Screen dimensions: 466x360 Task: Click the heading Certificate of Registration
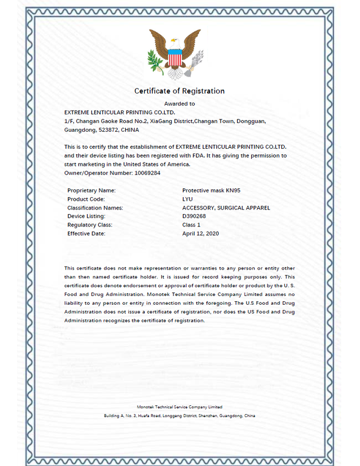179,91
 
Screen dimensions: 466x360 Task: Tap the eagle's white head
174,42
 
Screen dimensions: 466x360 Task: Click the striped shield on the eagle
175,58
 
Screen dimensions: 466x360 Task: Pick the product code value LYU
188,199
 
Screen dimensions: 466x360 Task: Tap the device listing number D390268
194,216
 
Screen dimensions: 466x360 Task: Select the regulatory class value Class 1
192,225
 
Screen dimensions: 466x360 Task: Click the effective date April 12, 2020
201,234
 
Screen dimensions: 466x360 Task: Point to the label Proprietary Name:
92,191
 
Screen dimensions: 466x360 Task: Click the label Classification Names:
95,208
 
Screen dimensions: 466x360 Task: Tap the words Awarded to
179,104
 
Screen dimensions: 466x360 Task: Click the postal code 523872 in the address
109,129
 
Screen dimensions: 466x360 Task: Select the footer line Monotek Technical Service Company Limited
179,407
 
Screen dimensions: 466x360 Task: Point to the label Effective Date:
86,234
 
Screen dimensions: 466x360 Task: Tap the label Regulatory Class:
90,225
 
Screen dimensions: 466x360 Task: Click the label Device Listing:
86,216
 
